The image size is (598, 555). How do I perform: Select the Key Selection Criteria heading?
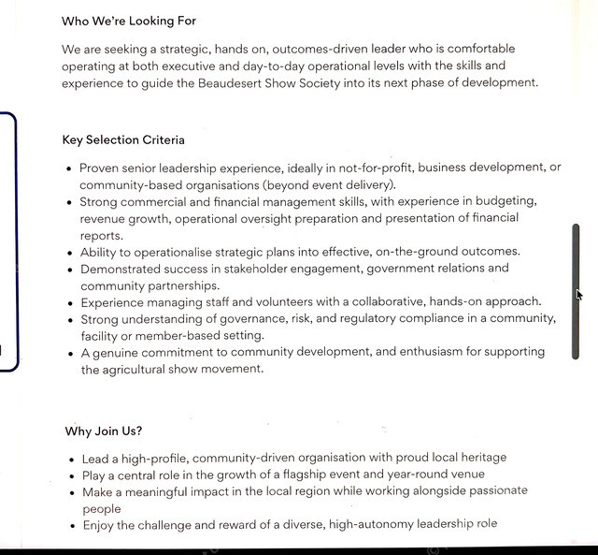(x=123, y=140)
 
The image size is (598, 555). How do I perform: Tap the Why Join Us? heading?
(x=104, y=431)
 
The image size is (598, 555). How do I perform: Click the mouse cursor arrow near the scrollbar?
(x=579, y=295)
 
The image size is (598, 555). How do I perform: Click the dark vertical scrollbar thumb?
(x=576, y=290)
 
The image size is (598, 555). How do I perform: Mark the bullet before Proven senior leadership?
(x=69, y=168)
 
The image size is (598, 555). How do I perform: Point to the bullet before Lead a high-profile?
(x=73, y=459)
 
